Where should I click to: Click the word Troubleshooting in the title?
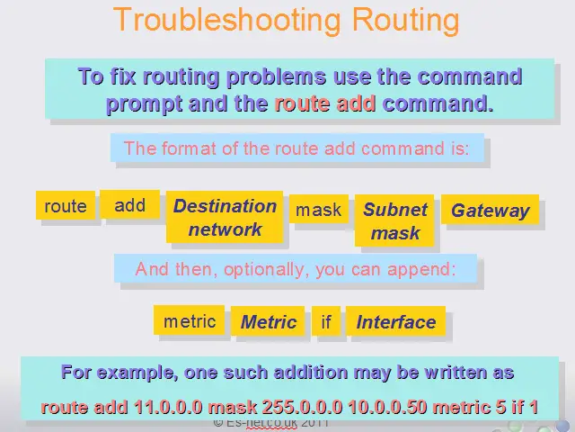pyautogui.click(x=227, y=20)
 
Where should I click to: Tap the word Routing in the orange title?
pyautogui.click(x=405, y=21)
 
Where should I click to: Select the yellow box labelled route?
pyautogui.click(x=66, y=205)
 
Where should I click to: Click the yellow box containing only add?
pyautogui.click(x=129, y=204)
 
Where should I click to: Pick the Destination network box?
pyautogui.click(x=225, y=217)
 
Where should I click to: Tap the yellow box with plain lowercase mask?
pyautogui.click(x=319, y=209)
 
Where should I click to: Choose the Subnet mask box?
pyautogui.click(x=394, y=220)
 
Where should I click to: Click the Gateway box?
pyautogui.click(x=490, y=210)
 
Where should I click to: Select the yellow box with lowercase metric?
pyautogui.click(x=190, y=320)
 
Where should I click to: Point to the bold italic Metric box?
pyautogui.click(x=268, y=321)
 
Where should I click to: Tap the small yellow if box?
pyautogui.click(x=326, y=321)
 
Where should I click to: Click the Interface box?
pyautogui.click(x=395, y=321)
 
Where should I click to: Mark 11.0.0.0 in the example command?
pyautogui.click(x=168, y=407)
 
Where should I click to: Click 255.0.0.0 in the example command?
pyautogui.click(x=302, y=407)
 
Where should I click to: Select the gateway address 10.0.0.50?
pyautogui.click(x=387, y=407)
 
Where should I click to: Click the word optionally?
pyautogui.click(x=264, y=270)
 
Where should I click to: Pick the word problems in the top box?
pyautogui.click(x=276, y=76)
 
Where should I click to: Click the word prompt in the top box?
pyautogui.click(x=144, y=104)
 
